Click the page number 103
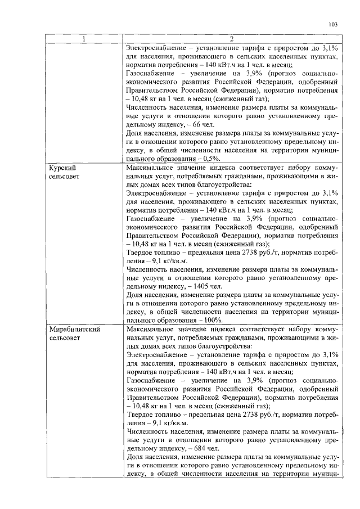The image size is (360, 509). tap(332, 25)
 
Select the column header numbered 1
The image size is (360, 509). tap(84, 39)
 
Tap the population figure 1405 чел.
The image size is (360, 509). tap(213, 285)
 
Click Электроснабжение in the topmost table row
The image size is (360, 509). tap(159, 48)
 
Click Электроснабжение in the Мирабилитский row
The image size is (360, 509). tap(159, 356)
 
